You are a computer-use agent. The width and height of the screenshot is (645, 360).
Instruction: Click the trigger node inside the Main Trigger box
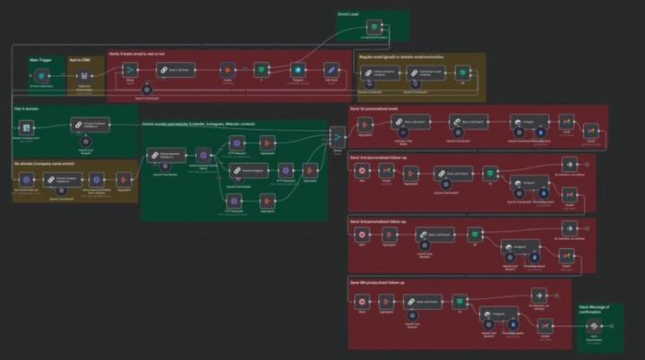click(40, 77)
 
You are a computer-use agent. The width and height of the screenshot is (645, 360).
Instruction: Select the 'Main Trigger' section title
click(39, 60)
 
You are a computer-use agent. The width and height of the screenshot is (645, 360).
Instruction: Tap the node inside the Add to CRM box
click(85, 77)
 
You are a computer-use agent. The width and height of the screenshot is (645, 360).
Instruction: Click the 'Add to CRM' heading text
click(82, 60)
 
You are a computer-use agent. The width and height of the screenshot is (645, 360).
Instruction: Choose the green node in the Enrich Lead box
click(374, 26)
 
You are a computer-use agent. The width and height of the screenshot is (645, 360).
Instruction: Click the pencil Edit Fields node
click(331, 70)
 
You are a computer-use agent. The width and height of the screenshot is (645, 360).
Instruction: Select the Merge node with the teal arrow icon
click(337, 137)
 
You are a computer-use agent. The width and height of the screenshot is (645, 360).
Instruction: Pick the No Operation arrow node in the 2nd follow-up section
click(568, 165)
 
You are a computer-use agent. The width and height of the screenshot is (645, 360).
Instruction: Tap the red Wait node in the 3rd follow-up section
click(363, 235)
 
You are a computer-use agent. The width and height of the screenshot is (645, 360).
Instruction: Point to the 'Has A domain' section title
click(26, 107)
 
